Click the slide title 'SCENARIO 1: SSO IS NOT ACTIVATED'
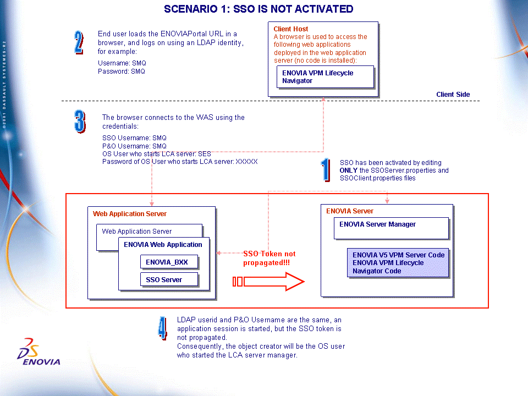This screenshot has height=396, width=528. pos(258,9)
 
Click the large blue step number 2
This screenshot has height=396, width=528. pos(79,42)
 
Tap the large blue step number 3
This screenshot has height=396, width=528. pos(80,121)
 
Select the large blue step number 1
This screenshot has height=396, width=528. pos(326,170)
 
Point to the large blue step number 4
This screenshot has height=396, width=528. pos(163,328)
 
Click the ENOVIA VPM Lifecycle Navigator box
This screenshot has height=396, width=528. pos(325,77)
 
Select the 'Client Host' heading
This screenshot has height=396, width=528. pos(290,29)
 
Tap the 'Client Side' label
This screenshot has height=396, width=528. pos(453,94)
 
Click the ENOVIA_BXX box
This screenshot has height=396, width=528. pos(169,262)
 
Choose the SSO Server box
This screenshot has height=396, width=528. pos(169,279)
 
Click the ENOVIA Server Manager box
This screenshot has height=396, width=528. pos(391,228)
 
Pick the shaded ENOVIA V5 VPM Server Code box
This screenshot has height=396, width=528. pos(398,263)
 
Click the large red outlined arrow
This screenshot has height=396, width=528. pos(268,282)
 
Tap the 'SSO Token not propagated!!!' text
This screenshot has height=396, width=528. pos(269,258)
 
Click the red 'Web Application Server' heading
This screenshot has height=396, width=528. pos(130,214)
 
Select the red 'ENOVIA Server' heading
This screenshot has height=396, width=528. pos(350,211)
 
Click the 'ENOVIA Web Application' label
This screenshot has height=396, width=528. pos(163,244)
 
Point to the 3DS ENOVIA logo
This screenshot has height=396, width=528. pos(38,352)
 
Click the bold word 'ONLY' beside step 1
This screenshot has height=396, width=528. pos(349,170)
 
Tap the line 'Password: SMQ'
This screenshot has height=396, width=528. pos(121,71)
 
